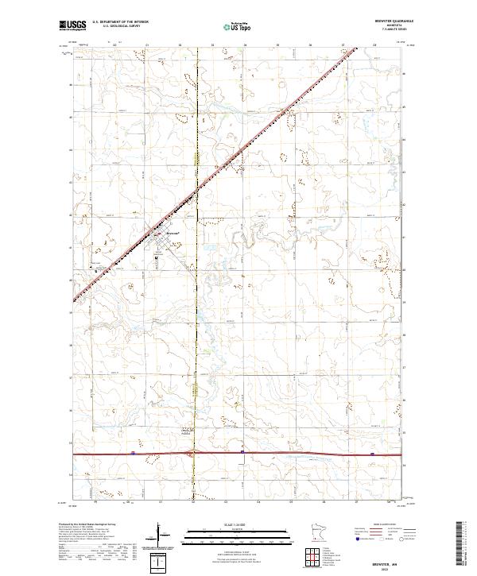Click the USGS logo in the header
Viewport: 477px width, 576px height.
click(x=72, y=25)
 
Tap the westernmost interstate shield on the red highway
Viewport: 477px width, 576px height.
click(x=131, y=454)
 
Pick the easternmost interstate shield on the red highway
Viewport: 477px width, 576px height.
click(x=373, y=454)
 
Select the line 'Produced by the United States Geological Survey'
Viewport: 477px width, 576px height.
click(x=92, y=524)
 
